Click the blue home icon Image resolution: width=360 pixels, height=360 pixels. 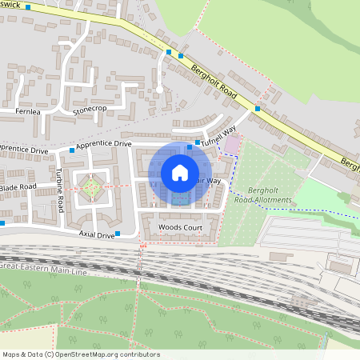[x=180, y=172]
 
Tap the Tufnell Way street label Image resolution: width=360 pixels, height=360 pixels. [x=218, y=136]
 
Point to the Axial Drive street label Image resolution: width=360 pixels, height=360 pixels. [x=96, y=234]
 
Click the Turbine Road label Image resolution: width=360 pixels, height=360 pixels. [x=60, y=190]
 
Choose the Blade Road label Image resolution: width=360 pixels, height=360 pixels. [x=18, y=186]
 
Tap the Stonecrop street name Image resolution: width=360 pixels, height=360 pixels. [x=89, y=108]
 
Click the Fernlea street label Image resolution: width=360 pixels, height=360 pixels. [x=27, y=112]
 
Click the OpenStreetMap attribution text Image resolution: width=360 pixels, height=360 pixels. [x=80, y=354]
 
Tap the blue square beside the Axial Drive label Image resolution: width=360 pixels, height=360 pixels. [x=118, y=234]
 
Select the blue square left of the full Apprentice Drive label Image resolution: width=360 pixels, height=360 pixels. [x=72, y=150]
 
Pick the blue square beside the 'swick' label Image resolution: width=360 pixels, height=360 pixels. [x=28, y=6]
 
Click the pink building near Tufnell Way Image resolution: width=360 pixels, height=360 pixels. [x=233, y=144]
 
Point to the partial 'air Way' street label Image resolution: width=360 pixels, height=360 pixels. [x=209, y=182]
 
